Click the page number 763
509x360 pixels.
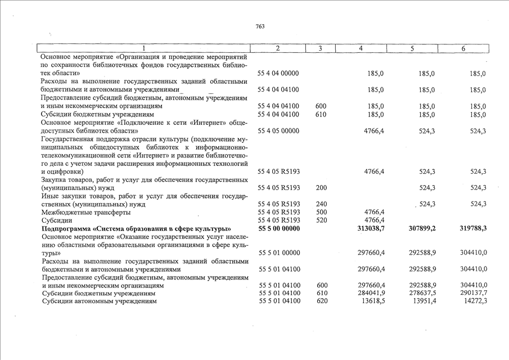click(259, 26)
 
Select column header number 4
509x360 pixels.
click(361, 49)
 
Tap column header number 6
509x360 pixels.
click(463, 49)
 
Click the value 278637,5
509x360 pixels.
click(422, 294)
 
